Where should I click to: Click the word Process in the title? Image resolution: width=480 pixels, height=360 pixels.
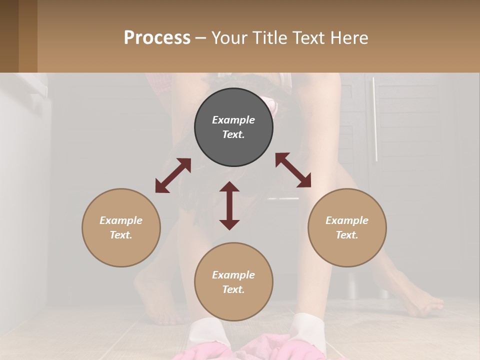pos(157,38)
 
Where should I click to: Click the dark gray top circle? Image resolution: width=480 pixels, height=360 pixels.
pos(233,127)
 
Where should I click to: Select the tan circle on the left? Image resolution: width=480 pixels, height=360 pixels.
pos(121,227)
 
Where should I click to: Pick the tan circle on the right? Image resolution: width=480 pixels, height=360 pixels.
pos(347,227)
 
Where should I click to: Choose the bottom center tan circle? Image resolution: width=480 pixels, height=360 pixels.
pos(233,282)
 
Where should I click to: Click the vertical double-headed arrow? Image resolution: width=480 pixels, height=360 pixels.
pos(229,205)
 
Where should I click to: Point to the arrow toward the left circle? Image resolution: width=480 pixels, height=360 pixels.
pos(173,175)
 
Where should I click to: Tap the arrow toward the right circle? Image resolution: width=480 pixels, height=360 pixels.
pos(293,170)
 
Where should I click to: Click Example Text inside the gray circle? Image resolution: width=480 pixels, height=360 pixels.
pos(233,127)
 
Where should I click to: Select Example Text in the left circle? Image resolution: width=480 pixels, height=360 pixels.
pos(121,227)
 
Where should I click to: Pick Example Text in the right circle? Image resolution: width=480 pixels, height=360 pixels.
pos(347,227)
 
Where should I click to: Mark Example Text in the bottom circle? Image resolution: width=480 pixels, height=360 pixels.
pos(233,282)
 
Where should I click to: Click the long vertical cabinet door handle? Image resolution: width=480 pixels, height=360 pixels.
pos(374,120)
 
